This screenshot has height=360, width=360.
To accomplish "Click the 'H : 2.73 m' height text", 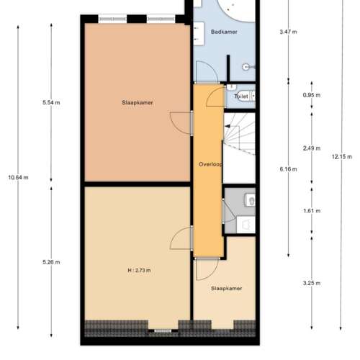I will tap(138, 270).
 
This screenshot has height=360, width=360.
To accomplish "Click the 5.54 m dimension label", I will tap(52, 103).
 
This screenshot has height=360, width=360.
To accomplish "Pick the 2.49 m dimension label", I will tap(312, 148).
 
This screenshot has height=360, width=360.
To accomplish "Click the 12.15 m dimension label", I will tap(341, 156).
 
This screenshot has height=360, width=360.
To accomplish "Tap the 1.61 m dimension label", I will tap(312, 212).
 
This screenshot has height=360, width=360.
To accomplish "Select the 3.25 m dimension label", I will tap(312, 283).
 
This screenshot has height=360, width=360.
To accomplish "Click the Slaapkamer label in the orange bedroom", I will tap(138, 103).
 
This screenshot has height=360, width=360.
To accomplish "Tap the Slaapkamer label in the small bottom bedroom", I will tap(226, 289).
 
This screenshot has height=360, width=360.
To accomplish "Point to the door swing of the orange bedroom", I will tap(179, 122).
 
